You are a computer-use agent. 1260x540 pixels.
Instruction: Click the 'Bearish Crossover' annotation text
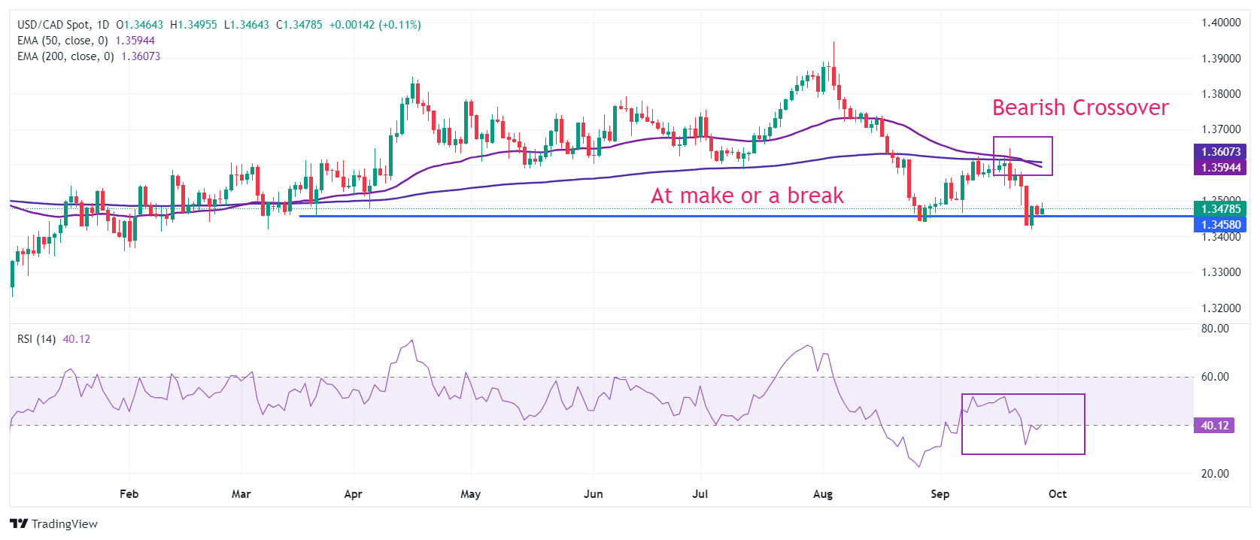[x=1079, y=108]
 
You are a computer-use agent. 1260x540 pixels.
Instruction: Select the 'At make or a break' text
[x=747, y=196]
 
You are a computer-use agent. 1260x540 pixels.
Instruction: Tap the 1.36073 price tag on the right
[x=1220, y=152]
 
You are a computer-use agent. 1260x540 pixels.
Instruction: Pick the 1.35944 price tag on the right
[x=1220, y=168]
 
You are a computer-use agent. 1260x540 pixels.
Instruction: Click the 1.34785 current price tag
[x=1220, y=209]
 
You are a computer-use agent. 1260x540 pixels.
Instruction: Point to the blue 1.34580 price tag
[x=1220, y=225]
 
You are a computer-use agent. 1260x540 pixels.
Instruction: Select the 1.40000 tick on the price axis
[x=1220, y=23]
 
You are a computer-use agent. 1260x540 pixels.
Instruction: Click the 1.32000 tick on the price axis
[x=1220, y=308]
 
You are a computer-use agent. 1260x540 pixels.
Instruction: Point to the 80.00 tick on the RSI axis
[x=1215, y=329]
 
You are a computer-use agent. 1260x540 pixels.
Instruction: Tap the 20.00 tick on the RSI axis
[x=1215, y=474]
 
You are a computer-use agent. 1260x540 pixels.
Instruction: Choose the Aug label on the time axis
[x=823, y=494]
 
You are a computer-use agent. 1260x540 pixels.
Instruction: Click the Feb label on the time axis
[x=129, y=494]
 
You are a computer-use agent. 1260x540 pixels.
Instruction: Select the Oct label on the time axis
[x=1058, y=494]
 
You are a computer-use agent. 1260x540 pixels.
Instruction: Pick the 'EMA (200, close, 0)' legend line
[x=66, y=56]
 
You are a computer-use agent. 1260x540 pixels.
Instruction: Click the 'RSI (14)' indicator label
[x=37, y=339]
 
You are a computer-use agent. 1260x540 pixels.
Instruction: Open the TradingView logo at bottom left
[x=53, y=524]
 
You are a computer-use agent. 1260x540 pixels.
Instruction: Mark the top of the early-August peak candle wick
[x=833, y=42]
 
